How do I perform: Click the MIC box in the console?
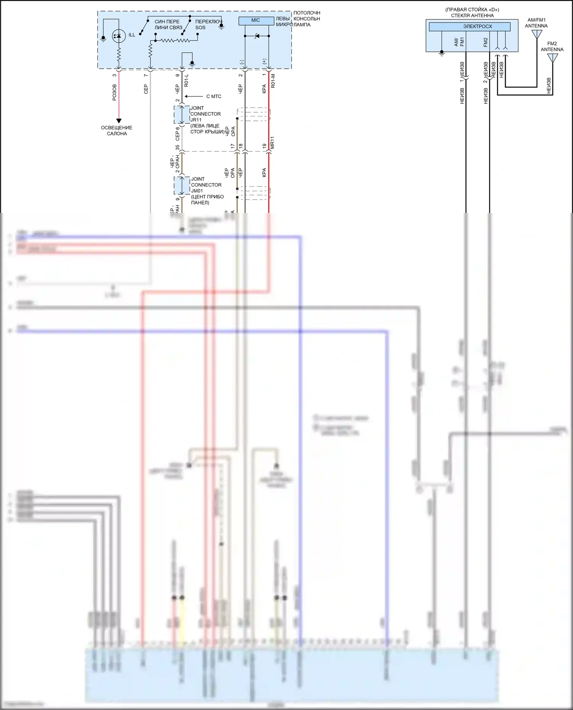click(256, 21)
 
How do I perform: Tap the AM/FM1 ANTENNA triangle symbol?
click(537, 34)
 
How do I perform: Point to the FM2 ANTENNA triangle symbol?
click(552, 58)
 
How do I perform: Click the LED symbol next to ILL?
click(118, 36)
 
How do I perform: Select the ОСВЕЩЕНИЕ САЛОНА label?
click(117, 130)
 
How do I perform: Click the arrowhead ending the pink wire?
click(118, 121)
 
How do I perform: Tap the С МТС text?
click(214, 97)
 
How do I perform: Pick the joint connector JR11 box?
click(182, 115)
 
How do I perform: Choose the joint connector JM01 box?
click(182, 185)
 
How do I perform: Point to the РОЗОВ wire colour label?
click(114, 93)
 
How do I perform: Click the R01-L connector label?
click(186, 80)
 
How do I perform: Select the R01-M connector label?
click(273, 81)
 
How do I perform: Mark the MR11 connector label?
click(272, 143)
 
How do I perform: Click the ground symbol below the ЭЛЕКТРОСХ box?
click(442, 54)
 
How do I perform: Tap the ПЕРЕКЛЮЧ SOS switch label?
click(208, 24)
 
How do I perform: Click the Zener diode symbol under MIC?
click(257, 36)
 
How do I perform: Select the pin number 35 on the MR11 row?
click(178, 147)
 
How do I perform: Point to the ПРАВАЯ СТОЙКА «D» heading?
click(472, 10)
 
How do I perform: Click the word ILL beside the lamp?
click(132, 35)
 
